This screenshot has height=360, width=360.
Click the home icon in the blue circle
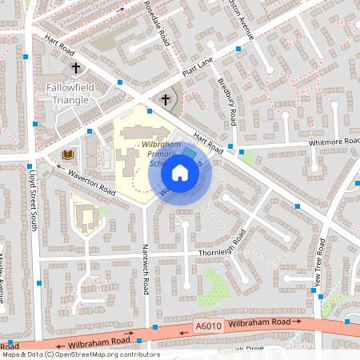(x=180, y=172)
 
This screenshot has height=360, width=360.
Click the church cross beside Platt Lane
(x=166, y=100)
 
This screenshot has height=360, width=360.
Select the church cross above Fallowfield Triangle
(x=77, y=68)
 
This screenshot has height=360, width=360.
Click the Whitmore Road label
(x=335, y=142)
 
